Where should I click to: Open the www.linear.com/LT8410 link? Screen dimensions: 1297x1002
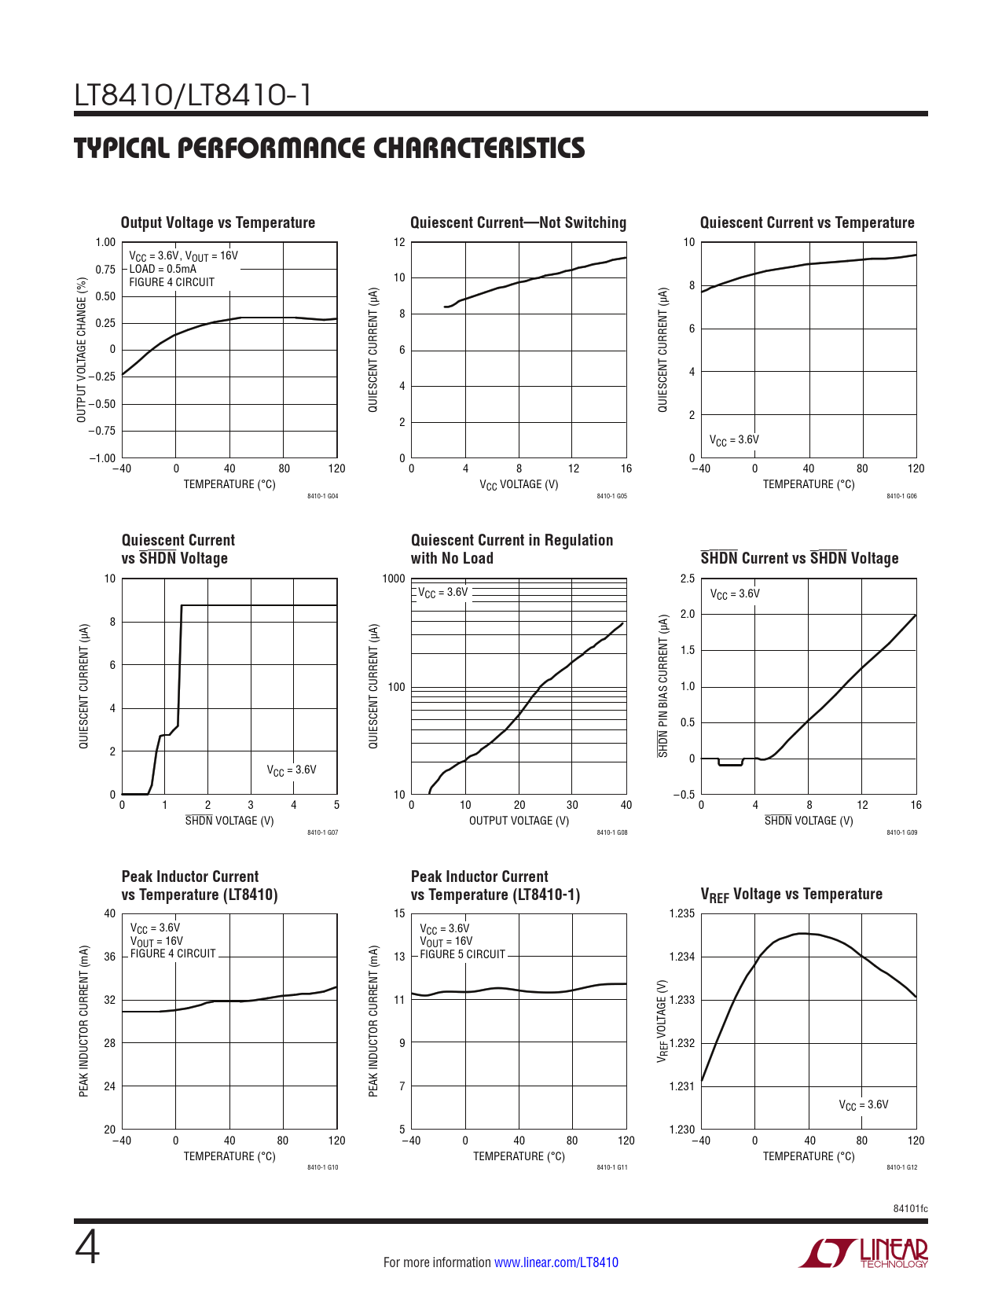[556, 1262]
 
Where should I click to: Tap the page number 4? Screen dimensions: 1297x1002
[87, 1248]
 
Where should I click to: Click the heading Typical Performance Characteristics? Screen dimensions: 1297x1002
[329, 149]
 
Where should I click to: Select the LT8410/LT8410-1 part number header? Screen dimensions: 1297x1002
[193, 96]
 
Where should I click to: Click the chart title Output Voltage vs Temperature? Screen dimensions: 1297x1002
[218, 223]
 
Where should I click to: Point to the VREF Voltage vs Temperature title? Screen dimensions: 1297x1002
[791, 895]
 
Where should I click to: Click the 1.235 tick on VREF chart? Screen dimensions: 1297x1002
[681, 913]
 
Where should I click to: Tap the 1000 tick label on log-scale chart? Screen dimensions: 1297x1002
[394, 579]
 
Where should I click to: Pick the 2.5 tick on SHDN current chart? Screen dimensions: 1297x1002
[687, 579]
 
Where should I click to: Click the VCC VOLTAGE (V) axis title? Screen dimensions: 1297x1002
[519, 485]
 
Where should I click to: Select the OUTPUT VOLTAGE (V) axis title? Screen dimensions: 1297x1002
[519, 821]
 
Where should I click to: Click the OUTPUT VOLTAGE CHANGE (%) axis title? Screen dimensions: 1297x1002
[82, 350]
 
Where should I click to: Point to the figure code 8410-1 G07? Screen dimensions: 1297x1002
[322, 832]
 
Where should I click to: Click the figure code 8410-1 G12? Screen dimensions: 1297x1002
[901, 1167]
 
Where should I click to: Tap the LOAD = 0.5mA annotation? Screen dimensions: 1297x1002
[163, 269]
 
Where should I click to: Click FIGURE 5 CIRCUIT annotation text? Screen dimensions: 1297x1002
[462, 954]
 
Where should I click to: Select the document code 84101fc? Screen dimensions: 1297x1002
[910, 1208]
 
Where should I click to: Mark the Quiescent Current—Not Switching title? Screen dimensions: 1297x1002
[518, 223]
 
